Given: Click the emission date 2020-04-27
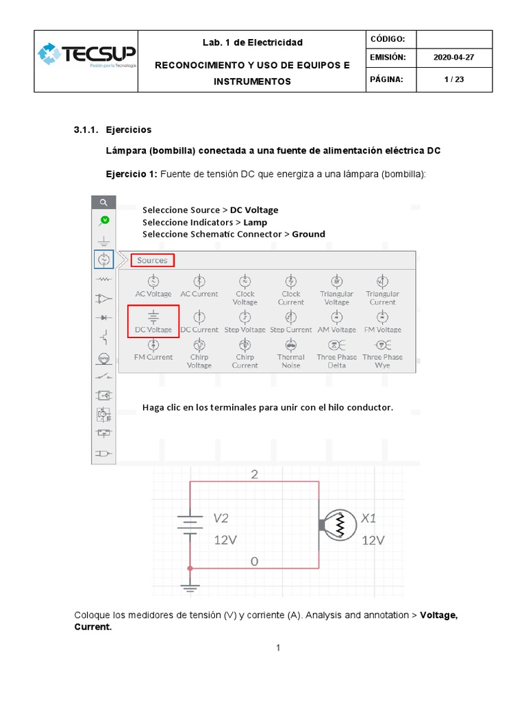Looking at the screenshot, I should click(x=453, y=58).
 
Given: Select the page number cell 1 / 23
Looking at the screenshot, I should click(x=453, y=79).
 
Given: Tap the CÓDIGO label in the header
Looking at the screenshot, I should click(x=388, y=39).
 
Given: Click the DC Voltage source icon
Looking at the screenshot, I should click(x=153, y=316).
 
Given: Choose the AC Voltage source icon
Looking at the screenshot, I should click(x=153, y=281).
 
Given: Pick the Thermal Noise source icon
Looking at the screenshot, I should click(x=291, y=345).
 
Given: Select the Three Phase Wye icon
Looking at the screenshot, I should click(x=382, y=345).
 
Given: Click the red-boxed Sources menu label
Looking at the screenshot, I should click(x=152, y=260).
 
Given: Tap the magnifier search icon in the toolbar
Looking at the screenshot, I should click(x=103, y=203).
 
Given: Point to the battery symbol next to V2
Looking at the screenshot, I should click(x=190, y=524).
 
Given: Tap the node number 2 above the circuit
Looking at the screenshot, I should click(x=255, y=475).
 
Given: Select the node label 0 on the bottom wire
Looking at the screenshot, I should click(x=254, y=561).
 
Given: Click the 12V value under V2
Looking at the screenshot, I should click(x=225, y=540).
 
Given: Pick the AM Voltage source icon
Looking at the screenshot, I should click(x=337, y=316).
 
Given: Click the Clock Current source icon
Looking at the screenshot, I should click(x=291, y=281).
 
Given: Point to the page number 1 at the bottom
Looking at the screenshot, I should click(x=279, y=648).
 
